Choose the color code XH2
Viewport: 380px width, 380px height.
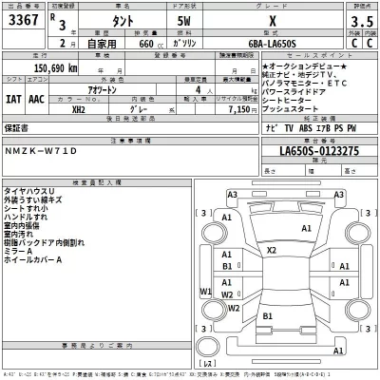[77, 110]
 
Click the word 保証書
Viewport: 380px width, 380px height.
[18, 125]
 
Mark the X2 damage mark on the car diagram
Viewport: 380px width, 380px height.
[270, 250]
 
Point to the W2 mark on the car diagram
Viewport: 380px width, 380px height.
[227, 307]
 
